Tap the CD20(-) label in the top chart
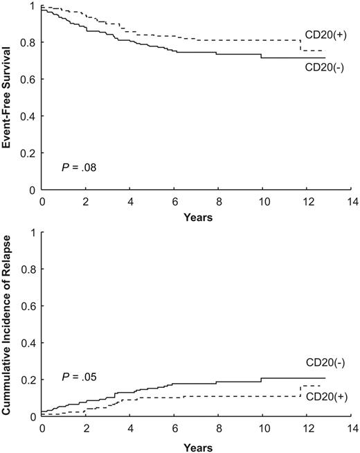(323, 67)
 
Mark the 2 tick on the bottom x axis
(87, 428)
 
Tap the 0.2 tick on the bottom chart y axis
(27, 380)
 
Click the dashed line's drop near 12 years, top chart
(300, 46)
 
